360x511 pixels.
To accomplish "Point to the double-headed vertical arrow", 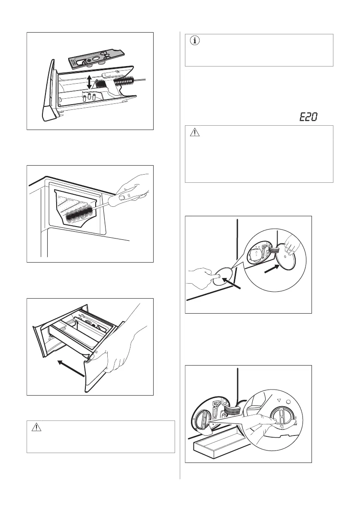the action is pos(89,82).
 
